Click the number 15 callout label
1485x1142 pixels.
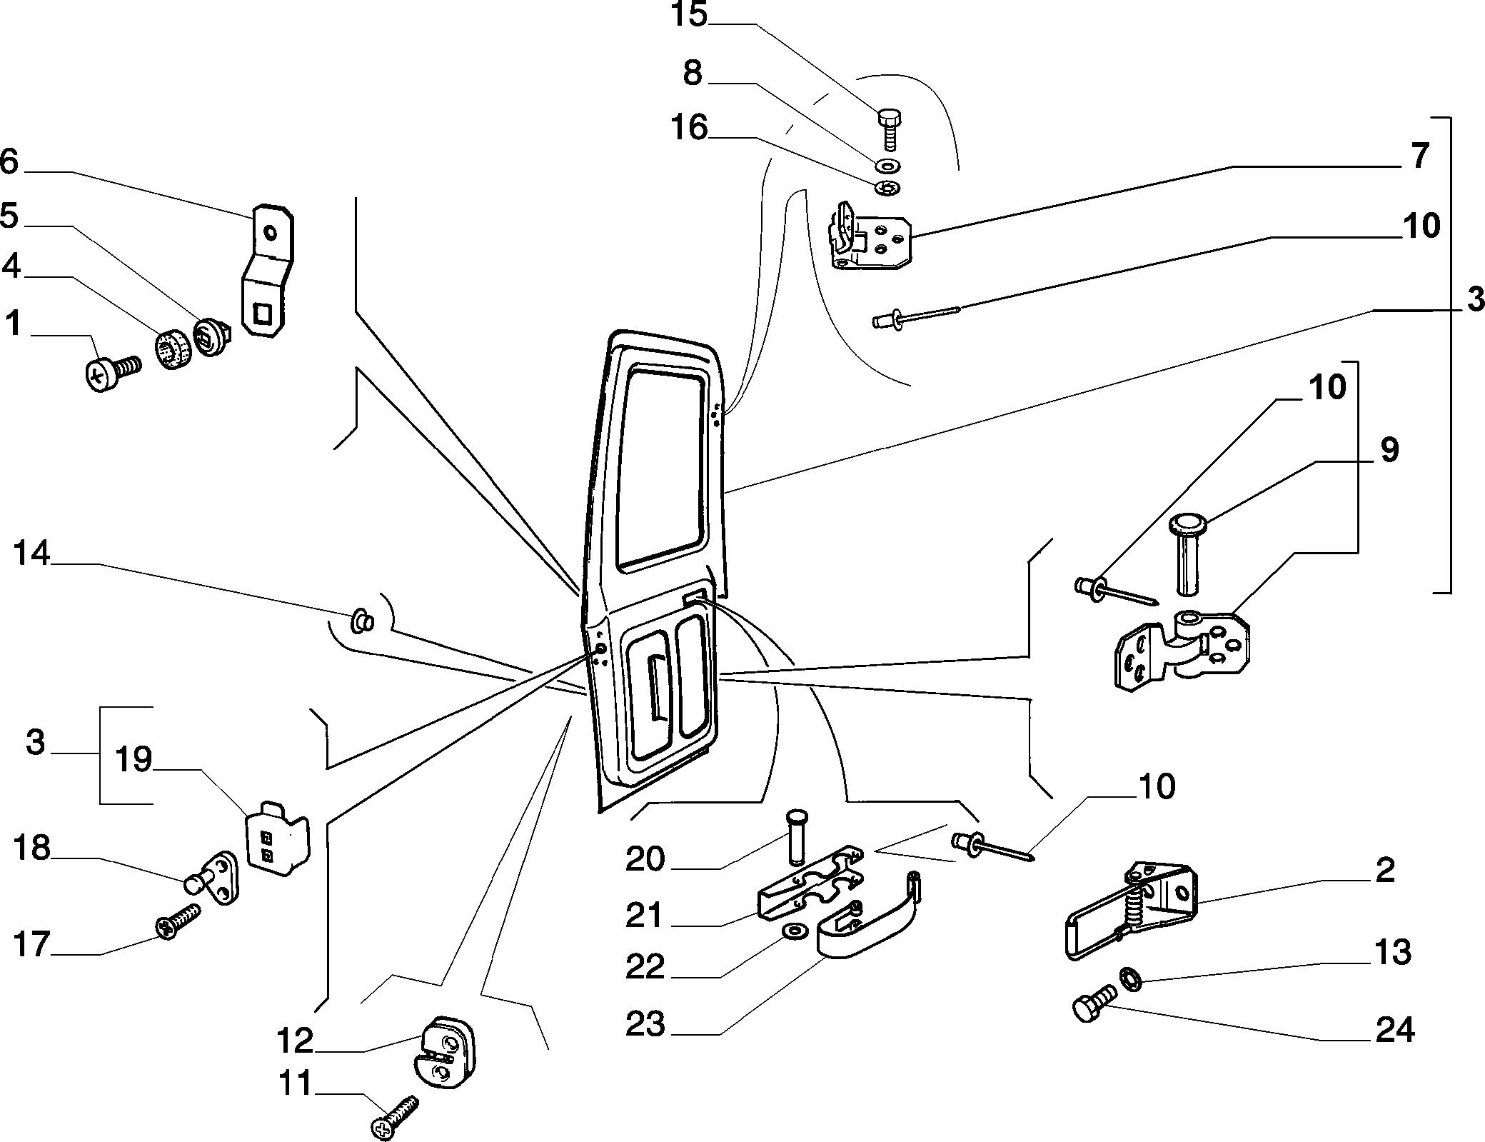click(x=688, y=15)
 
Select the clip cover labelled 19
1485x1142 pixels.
click(x=278, y=837)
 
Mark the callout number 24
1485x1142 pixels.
click(x=1394, y=1031)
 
